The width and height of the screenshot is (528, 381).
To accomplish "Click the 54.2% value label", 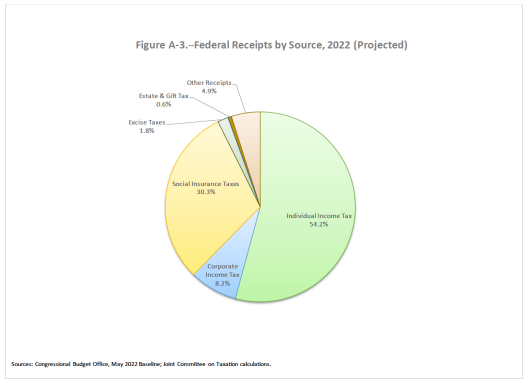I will click(319, 224).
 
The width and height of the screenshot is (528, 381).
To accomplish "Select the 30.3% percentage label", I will click(205, 192).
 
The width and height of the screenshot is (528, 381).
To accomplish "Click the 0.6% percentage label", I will click(163, 104).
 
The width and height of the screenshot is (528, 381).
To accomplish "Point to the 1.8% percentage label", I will click(147, 131).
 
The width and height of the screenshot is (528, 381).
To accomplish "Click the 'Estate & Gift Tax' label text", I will click(163, 95).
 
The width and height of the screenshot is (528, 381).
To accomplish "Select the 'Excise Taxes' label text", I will click(146, 122).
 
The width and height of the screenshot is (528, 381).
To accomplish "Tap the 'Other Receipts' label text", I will click(209, 83).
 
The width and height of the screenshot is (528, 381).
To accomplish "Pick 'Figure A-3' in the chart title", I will click(160, 45).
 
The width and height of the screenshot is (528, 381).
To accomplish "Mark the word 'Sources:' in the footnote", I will click(21, 364).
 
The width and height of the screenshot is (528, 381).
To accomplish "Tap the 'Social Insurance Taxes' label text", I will click(205, 184).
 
